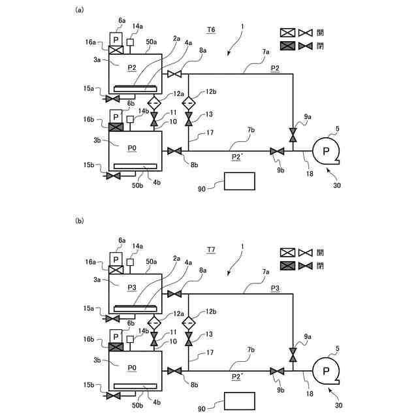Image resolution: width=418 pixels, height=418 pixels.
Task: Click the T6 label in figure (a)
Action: [x=210, y=30]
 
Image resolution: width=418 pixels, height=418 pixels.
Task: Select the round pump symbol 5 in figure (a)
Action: [x=325, y=152]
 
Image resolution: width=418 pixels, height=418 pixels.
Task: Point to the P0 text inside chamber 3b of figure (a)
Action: [x=131, y=148]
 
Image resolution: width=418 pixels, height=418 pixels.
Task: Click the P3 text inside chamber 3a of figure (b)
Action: [x=131, y=287]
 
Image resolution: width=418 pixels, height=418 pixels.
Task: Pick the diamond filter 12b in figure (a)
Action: [x=188, y=103]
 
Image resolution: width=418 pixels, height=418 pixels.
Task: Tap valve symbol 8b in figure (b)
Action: [x=174, y=371]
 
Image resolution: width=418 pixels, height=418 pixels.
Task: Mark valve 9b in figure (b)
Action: [x=278, y=371]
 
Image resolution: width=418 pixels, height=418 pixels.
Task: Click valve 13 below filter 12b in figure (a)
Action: [x=188, y=120]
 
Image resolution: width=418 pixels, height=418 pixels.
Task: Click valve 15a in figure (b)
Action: [x=114, y=318]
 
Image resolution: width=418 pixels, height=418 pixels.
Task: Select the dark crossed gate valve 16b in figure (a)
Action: [x=116, y=126]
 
